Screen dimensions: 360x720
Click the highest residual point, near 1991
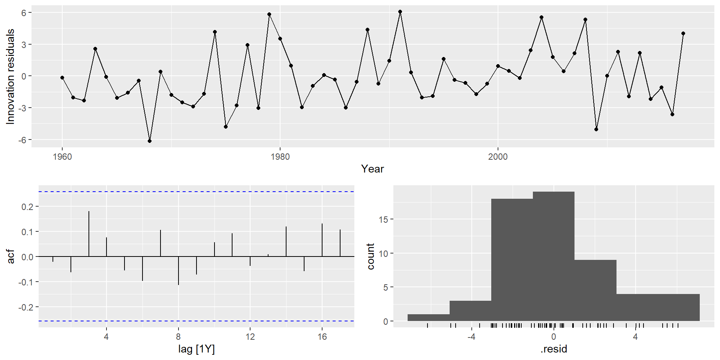400,12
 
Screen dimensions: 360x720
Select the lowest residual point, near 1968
150,141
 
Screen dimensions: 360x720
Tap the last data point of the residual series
683,33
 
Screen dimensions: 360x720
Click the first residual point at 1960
62,78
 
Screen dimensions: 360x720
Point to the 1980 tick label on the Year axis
280,157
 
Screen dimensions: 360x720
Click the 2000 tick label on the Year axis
498,157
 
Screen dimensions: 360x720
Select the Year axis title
372,169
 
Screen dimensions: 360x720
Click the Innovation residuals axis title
10,76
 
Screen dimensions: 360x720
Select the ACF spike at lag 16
322,240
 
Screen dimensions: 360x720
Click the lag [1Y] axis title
196,349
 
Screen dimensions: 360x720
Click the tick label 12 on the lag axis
250,337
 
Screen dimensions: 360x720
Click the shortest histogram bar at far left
429,318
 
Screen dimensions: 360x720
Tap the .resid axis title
553,349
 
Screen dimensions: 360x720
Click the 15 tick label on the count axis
383,219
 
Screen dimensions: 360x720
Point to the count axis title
371,256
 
